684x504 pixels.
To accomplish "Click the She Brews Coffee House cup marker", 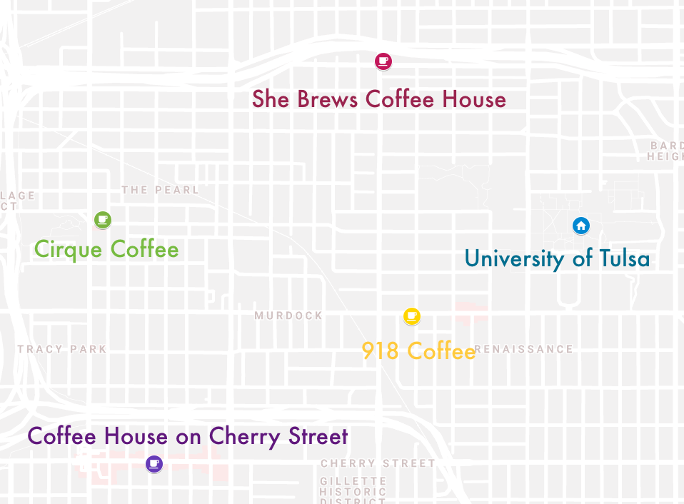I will point(383,61).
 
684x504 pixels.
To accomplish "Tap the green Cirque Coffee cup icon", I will point(103,218).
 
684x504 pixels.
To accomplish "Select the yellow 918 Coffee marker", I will point(411,316).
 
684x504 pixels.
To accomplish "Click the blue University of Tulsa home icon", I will point(581,226).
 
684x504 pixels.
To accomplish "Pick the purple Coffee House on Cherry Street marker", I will point(154,464).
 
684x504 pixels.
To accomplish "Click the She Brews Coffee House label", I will point(378,99).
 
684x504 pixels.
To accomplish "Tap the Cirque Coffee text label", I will point(106,249).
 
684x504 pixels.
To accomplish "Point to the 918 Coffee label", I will point(418,351).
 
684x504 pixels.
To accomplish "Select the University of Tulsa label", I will point(557,258).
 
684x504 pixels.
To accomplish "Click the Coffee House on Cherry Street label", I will point(187,436).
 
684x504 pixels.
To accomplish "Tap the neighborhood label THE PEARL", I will point(160,190).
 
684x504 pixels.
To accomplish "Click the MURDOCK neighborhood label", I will point(288,316).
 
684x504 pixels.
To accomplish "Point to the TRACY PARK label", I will point(62,349).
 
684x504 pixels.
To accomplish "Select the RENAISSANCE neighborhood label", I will point(525,349).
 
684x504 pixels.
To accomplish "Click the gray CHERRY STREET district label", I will point(378,463).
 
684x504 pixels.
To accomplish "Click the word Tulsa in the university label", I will point(623,258).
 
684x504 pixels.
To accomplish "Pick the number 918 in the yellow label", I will point(379,351).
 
